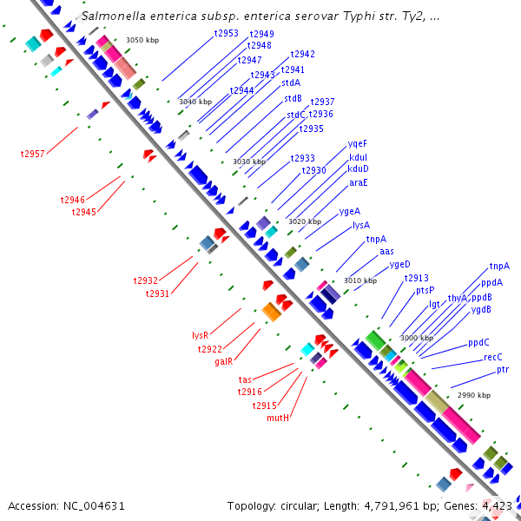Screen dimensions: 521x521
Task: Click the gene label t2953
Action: pyautogui.click(x=226, y=33)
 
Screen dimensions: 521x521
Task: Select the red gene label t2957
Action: pyautogui.click(x=33, y=153)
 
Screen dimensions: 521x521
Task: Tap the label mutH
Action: pyautogui.click(x=278, y=418)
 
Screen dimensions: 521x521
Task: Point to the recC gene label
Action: pyautogui.click(x=493, y=357)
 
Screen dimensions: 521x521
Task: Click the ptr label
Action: pyautogui.click(x=503, y=370)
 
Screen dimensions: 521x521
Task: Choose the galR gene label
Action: pyautogui.click(x=224, y=361)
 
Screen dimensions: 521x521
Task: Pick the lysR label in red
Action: pyautogui.click(x=201, y=334)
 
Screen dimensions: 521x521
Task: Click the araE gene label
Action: pyautogui.click(x=359, y=182)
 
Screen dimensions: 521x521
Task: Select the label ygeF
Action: pyautogui.click(x=358, y=143)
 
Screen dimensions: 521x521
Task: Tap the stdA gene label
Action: pyautogui.click(x=291, y=82)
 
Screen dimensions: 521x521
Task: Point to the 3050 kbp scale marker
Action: pyautogui.click(x=142, y=40)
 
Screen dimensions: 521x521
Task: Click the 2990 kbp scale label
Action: pyautogui.click(x=473, y=395)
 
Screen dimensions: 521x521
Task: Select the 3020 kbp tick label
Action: pyautogui.click(x=305, y=221)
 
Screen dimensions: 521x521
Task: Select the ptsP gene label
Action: pyautogui.click(x=425, y=290)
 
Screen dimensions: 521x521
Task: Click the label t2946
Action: pyautogui.click(x=73, y=200)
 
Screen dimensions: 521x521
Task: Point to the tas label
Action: pyautogui.click(x=245, y=379)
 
